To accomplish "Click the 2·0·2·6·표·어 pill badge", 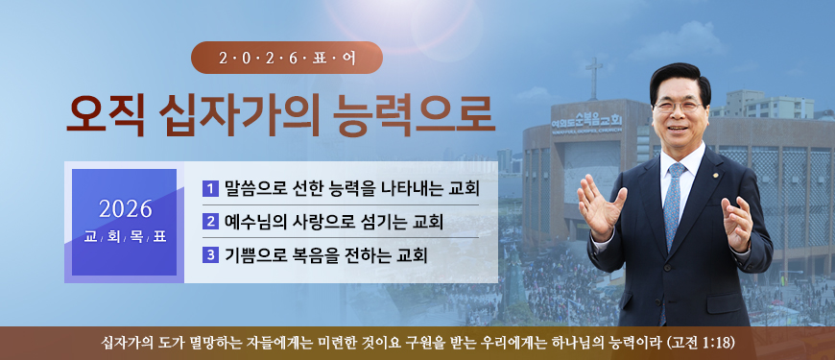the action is pos(287,57).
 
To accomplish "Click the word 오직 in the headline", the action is pos(105,115).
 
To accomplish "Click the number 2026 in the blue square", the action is pos(125,209).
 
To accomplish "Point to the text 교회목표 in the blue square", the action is pos(125,236).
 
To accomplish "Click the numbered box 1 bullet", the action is pos(210,188).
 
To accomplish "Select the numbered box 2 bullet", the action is pos(210,222).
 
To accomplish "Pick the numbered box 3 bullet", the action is pos(210,255).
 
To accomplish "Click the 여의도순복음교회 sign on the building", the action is pos(586,122).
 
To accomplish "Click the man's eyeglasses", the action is pos(678,106).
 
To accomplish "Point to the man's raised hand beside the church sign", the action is pos(600,206).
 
